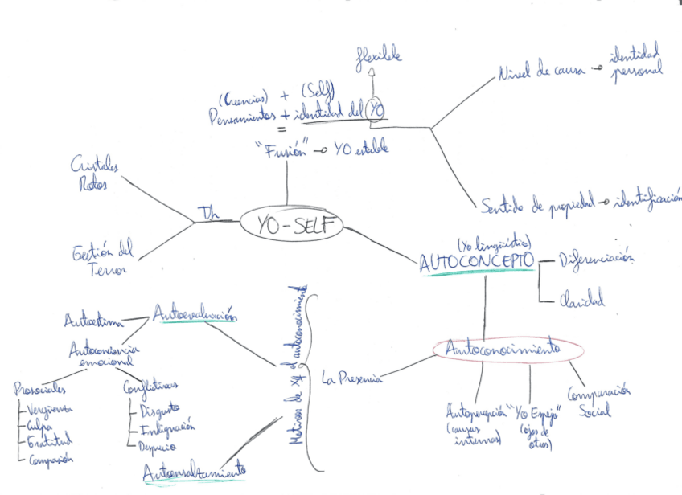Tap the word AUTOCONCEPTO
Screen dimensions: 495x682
pyautogui.click(x=476, y=262)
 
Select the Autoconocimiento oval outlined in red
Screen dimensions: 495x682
pyautogui.click(x=507, y=349)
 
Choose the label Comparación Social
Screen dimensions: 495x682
pyautogui.click(x=598, y=400)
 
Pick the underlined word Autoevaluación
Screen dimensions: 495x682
pyautogui.click(x=196, y=314)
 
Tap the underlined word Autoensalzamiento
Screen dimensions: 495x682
pyautogui.click(x=194, y=473)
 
